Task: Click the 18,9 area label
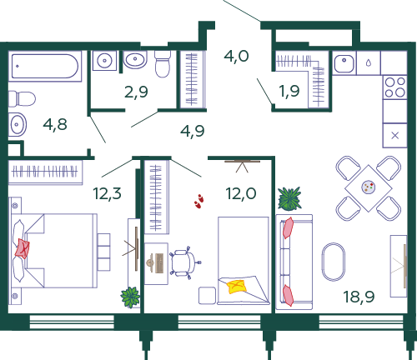[x=359, y=297]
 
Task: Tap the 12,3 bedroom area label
[x=107, y=193]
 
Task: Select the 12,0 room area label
[x=241, y=193]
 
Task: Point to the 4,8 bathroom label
[x=55, y=124]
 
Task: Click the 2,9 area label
[x=136, y=92]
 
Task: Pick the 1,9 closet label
[x=289, y=91]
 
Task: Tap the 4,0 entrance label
[x=237, y=57]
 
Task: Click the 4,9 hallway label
[x=193, y=131]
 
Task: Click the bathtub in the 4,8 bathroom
[x=45, y=66]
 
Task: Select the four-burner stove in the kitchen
[x=394, y=87]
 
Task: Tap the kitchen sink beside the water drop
[x=344, y=63]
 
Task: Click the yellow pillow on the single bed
[x=237, y=287]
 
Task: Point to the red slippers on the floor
[x=198, y=201]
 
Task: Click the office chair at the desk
[x=185, y=262]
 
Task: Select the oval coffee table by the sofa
[x=334, y=262]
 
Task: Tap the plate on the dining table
[x=369, y=187]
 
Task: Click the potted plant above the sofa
[x=289, y=198]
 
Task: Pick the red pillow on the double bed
[x=23, y=248]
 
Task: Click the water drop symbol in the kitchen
[x=369, y=63]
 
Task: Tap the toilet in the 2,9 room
[x=163, y=64]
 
